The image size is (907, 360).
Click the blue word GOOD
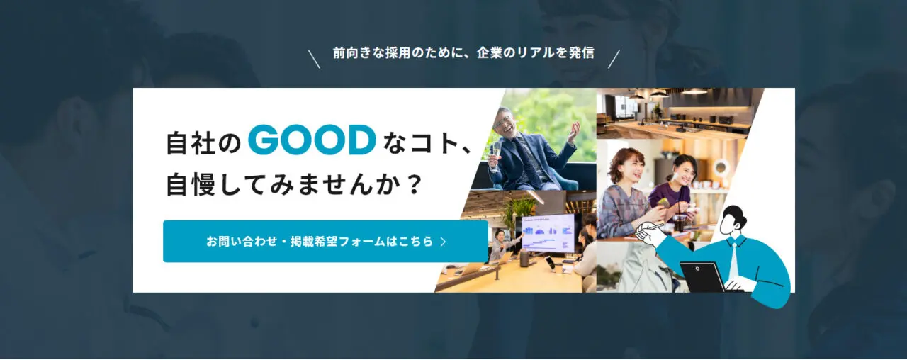pyautogui.click(x=312, y=140)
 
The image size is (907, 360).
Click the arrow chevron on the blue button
pyautogui.click(x=444, y=242)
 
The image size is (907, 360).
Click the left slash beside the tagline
pyautogui.click(x=314, y=59)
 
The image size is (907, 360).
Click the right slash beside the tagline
pyautogui.click(x=614, y=59)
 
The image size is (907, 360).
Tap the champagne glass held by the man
pyautogui.click(x=495, y=156)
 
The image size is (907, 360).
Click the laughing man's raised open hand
pyautogui.click(x=573, y=131)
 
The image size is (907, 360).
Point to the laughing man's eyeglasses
pyautogui.click(x=503, y=121)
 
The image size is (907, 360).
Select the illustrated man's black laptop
pyautogui.click(x=702, y=276)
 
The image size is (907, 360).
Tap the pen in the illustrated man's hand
pyautogui.click(x=650, y=229)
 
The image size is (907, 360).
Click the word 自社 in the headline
pyautogui.click(x=191, y=143)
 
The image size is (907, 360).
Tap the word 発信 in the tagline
pyautogui.click(x=581, y=52)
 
